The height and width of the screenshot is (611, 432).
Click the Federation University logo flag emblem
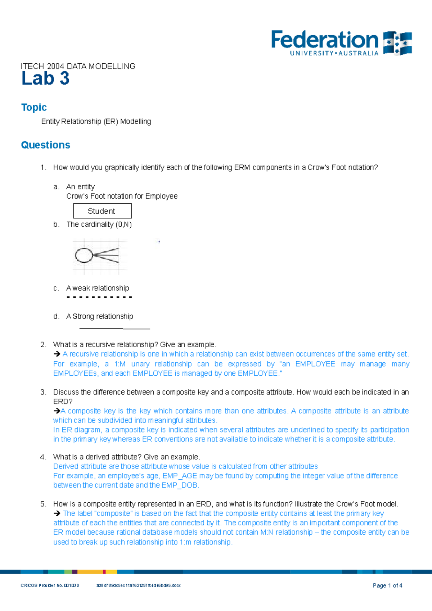click(x=397, y=43)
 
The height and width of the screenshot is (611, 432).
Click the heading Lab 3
click(x=45, y=78)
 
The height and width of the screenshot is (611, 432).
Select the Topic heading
click(x=34, y=107)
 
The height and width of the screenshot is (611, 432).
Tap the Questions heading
click(x=46, y=145)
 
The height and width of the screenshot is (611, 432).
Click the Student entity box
click(x=102, y=211)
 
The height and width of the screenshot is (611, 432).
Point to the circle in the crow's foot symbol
click(x=84, y=255)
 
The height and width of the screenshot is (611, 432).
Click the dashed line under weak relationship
click(x=99, y=297)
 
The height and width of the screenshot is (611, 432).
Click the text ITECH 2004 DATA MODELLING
click(x=78, y=66)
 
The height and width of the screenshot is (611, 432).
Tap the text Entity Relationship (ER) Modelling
click(x=96, y=122)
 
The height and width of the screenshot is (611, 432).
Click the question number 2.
click(x=43, y=345)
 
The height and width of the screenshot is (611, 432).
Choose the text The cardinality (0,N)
click(x=99, y=225)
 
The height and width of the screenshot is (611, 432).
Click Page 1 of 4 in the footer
click(x=387, y=585)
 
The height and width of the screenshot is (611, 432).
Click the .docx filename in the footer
click(x=138, y=585)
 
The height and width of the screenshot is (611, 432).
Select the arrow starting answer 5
click(x=57, y=513)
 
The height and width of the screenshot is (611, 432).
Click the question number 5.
click(x=43, y=504)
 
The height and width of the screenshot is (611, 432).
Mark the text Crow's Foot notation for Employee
click(x=122, y=196)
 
